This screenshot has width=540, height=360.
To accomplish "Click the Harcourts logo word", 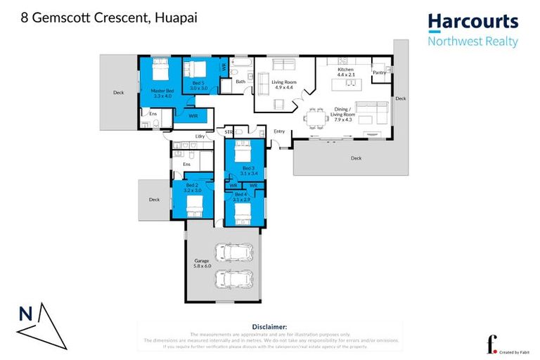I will pyautogui.click(x=473, y=22).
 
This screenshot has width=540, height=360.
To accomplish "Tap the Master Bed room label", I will pyautogui.click(x=162, y=93).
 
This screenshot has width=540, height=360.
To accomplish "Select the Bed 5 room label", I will pyautogui.click(x=200, y=86).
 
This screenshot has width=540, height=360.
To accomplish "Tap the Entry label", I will pyautogui.click(x=279, y=131).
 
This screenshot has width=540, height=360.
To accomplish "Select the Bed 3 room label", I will pyautogui.click(x=248, y=169).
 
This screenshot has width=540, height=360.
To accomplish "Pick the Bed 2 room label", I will pyautogui.click(x=193, y=188).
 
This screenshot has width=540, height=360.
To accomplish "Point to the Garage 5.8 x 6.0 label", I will pyautogui.click(x=202, y=264).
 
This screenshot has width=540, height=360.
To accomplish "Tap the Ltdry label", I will pyautogui.click(x=200, y=136).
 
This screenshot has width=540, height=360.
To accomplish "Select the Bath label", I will pyautogui.click(x=240, y=82).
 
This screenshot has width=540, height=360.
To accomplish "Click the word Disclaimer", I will pyautogui.click(x=269, y=327).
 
